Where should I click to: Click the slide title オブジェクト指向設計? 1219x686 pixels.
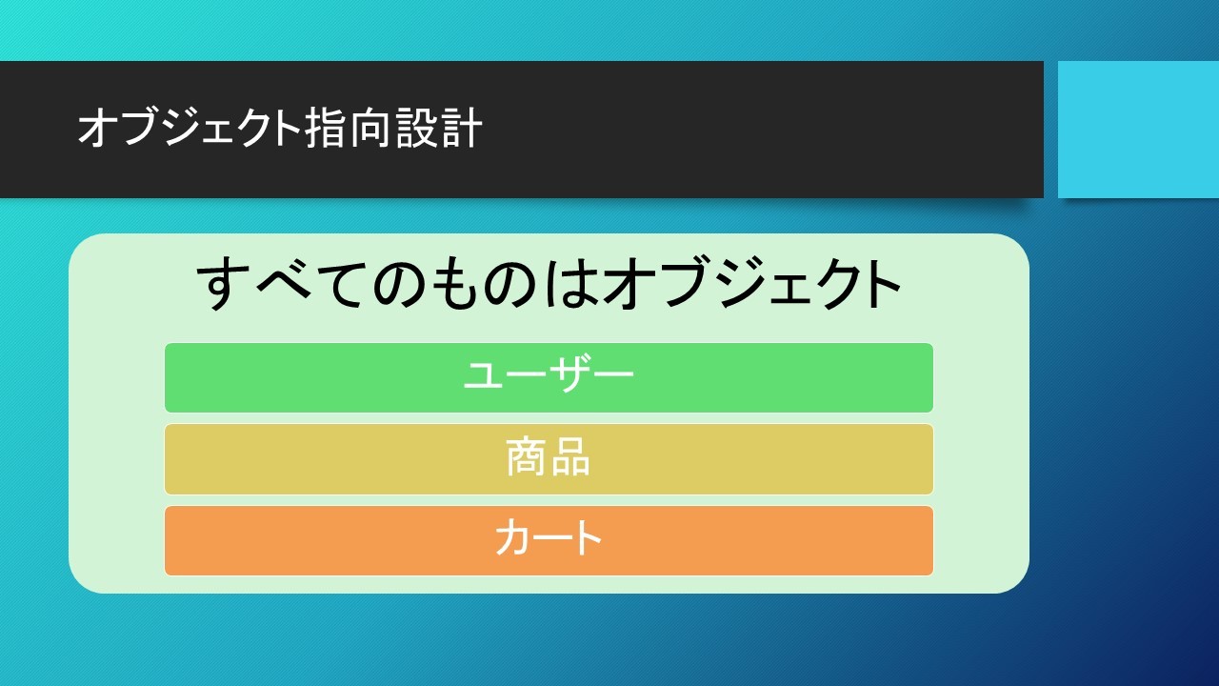[x=280, y=128]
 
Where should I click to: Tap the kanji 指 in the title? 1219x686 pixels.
[x=327, y=128]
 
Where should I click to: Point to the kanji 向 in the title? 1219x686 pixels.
[x=371, y=128]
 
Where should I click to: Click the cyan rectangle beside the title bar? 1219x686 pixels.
[x=1138, y=130]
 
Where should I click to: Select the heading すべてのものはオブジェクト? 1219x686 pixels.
[x=549, y=283]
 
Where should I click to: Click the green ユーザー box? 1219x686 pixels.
[x=549, y=378]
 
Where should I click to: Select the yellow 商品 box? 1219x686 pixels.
[x=549, y=459]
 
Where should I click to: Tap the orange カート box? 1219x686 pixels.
[x=549, y=540]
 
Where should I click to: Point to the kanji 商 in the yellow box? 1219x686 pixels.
[x=527, y=457]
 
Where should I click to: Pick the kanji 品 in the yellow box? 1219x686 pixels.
[x=570, y=457]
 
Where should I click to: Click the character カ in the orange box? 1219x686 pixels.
[x=512, y=537]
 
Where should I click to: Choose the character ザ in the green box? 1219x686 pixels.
[x=570, y=374]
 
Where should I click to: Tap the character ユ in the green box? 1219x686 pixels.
[x=483, y=375]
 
